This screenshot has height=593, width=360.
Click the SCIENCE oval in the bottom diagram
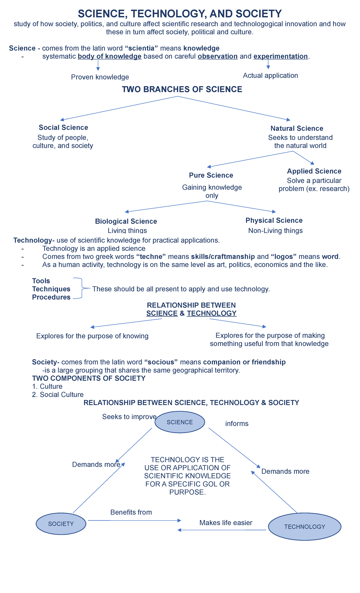[180, 422]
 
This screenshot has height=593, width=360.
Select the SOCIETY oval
[61, 524]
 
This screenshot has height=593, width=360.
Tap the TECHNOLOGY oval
[304, 527]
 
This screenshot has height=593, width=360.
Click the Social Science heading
[63, 128]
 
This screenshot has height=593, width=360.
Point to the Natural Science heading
[297, 128]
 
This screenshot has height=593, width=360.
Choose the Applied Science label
[314, 171]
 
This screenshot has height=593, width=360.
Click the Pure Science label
[211, 175]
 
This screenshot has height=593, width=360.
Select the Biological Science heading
[126, 221]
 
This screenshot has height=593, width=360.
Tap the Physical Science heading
[274, 220]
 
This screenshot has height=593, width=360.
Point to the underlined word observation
[218, 56]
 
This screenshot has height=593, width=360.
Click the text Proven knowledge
[100, 77]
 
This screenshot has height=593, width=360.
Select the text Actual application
[270, 75]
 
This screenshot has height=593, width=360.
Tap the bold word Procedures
[51, 297]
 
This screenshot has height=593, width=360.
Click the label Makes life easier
[226, 523]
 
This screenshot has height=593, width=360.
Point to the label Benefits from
[131, 512]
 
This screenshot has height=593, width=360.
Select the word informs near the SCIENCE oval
[237, 423]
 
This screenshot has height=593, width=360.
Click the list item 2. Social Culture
[58, 395]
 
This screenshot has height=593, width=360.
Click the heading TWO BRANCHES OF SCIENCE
[182, 89]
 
